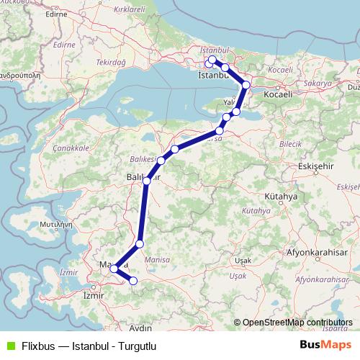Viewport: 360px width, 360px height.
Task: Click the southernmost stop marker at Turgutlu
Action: pos(133,281)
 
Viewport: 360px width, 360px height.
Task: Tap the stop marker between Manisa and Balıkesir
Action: pos(140,244)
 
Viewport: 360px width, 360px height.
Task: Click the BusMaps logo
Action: pos(325,345)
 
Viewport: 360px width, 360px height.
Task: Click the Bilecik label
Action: pos(291,144)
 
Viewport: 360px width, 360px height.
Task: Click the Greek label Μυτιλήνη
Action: pos(45,224)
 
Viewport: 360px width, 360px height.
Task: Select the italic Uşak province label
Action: pos(237,276)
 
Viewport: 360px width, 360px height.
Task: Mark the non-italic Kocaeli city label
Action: pos(278,94)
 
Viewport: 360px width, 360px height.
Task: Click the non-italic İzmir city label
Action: pos(94,295)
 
